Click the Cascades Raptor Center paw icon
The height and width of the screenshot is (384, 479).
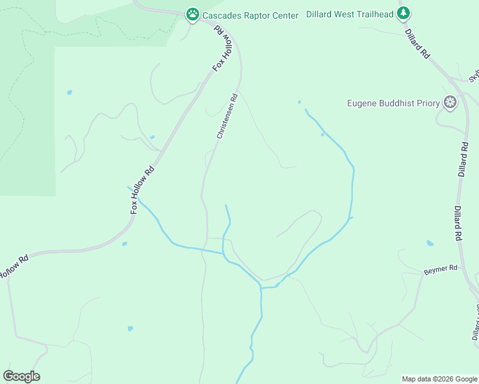[192, 14]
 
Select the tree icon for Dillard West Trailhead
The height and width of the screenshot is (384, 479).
[403, 13]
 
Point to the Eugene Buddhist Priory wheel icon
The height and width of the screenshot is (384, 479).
[451, 102]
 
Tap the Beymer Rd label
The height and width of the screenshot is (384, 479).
[441, 270]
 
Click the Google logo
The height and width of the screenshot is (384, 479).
[21, 376]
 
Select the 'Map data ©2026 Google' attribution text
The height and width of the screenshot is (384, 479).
[439, 379]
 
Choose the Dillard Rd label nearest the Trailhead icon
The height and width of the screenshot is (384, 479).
[418, 43]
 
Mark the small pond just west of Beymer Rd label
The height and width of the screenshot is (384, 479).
[430, 244]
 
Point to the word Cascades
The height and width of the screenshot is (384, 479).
[222, 15]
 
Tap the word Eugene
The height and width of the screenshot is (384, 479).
[362, 103]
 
